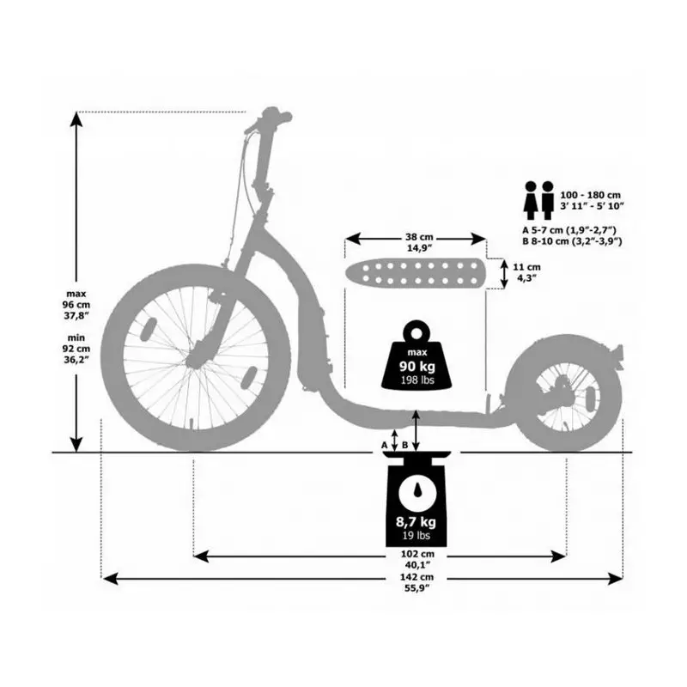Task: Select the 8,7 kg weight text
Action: pyautogui.click(x=416, y=522)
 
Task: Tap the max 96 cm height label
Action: pyautogui.click(x=76, y=304)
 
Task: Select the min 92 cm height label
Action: pyautogui.click(x=76, y=349)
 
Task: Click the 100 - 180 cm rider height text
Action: pyautogui.click(x=590, y=195)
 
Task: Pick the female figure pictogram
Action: pyautogui.click(x=531, y=200)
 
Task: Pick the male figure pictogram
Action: pyautogui.click(x=548, y=200)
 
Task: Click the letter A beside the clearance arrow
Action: pyautogui.click(x=385, y=445)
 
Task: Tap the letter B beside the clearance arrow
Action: pyautogui.click(x=404, y=445)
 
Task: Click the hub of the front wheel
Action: pyautogui.click(x=194, y=358)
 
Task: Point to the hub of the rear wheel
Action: pyautogui.click(x=565, y=392)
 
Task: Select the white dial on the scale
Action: pyautogui.click(x=416, y=491)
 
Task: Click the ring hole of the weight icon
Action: pyautogui.click(x=416, y=334)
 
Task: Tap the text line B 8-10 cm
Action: pyautogui.click(x=572, y=241)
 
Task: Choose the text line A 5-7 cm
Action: pyautogui.click(x=569, y=230)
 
